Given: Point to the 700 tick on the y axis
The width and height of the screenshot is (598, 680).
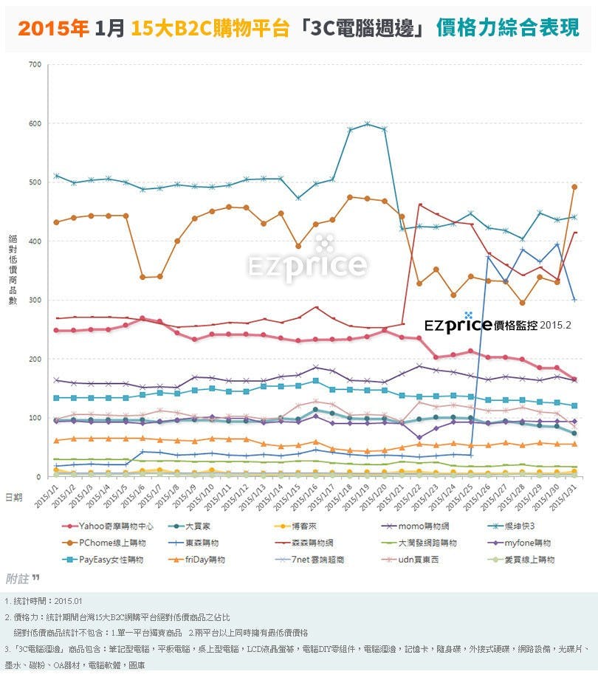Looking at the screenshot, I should click(35, 64).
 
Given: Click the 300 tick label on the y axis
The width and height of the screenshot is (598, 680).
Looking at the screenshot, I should click(35, 300).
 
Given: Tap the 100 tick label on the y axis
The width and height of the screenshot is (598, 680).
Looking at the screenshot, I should click(35, 418).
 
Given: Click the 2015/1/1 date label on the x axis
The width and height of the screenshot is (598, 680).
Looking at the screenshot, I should click(47, 496).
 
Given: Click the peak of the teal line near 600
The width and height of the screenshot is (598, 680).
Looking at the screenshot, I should click(367, 123).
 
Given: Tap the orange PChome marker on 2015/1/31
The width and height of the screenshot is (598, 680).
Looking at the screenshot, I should click(574, 187).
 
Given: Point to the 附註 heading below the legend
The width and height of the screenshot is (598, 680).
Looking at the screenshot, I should click(22, 578).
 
